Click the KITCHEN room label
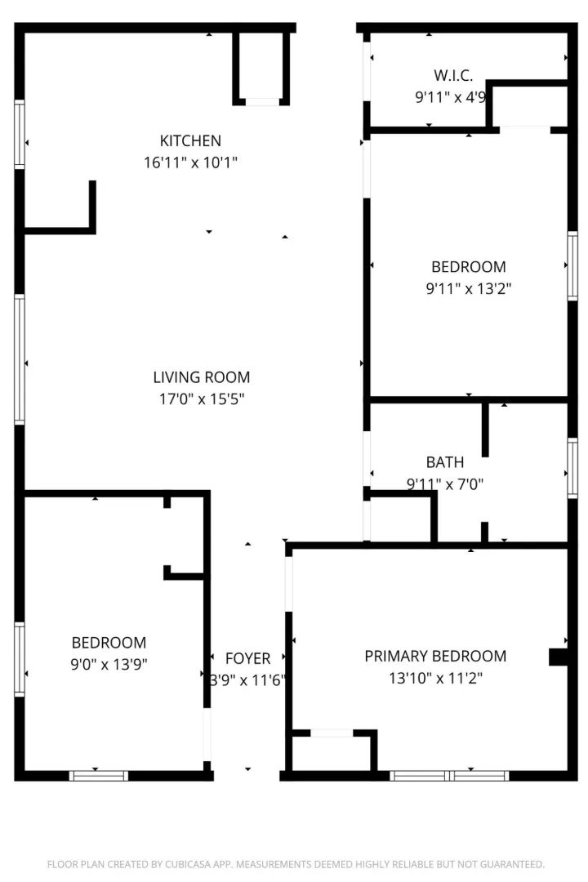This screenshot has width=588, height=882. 190,140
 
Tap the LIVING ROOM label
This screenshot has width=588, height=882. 202,376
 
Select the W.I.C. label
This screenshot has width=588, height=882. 453,75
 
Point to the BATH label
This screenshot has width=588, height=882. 445,462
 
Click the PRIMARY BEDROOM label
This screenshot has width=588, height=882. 435,657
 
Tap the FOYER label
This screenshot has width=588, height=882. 247,659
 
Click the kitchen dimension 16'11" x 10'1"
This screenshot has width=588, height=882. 190,163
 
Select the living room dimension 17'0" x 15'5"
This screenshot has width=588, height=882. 202,399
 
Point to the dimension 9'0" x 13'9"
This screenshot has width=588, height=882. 109,664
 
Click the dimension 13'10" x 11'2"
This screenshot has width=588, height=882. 435,679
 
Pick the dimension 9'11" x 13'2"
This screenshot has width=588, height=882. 468,288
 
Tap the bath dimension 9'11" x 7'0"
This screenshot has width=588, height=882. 445,483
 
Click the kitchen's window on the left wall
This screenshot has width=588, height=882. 20,134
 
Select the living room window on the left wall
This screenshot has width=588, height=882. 20,359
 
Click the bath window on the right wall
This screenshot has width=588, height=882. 572,468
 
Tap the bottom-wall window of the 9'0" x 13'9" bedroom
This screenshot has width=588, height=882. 99,776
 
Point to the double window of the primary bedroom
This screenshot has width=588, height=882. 449,776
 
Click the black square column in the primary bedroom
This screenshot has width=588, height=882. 558,657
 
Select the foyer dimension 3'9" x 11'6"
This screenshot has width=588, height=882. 247,680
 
